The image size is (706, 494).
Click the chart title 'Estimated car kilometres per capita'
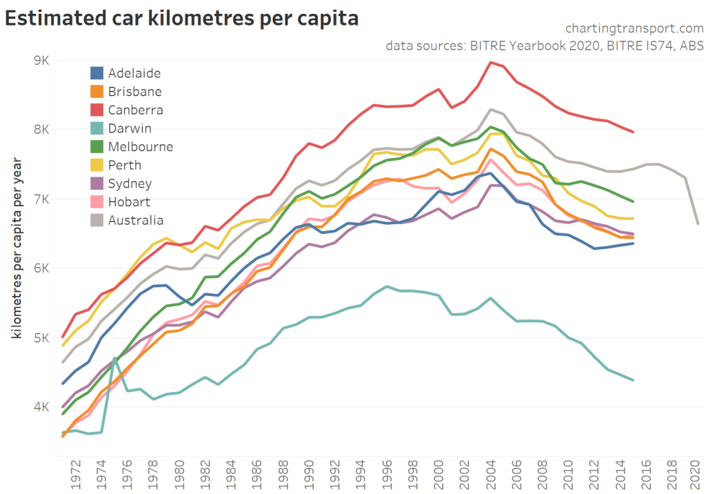point(181,19)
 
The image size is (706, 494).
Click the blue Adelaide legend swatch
point(97,73)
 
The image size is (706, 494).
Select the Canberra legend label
point(135,110)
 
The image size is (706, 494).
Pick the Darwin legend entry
point(130,128)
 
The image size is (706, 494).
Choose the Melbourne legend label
point(141,147)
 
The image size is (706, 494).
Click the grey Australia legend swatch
point(97,221)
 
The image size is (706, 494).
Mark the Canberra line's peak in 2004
point(490,63)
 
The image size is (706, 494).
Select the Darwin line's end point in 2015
point(633,380)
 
